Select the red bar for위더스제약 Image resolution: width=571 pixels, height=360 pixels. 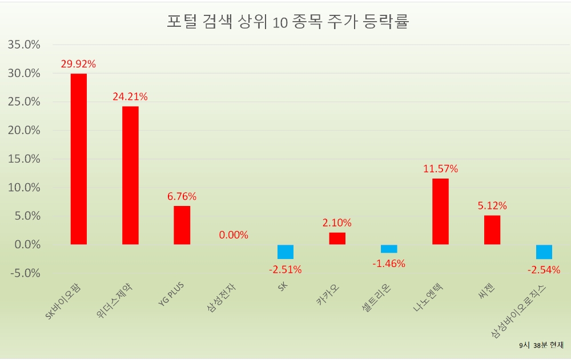[x=130, y=175]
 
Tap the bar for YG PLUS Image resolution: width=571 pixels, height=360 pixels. [x=182, y=225]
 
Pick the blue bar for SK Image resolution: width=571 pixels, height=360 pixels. [x=285, y=252]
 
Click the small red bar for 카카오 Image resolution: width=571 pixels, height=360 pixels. [x=337, y=238]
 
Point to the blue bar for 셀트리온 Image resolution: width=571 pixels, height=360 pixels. [x=389, y=249]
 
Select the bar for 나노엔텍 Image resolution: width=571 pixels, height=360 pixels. [x=440, y=211]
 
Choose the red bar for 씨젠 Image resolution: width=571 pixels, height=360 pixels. [x=492, y=229]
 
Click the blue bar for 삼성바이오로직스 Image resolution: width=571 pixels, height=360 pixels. [x=544, y=252]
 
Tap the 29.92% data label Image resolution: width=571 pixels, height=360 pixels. [x=78, y=64]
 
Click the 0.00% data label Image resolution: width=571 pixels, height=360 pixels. [x=234, y=234]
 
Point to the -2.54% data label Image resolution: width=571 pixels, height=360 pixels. [x=544, y=270]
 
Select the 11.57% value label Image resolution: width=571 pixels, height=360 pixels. [x=440, y=169]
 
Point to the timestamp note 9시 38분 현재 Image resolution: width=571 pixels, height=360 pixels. [x=541, y=345]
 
